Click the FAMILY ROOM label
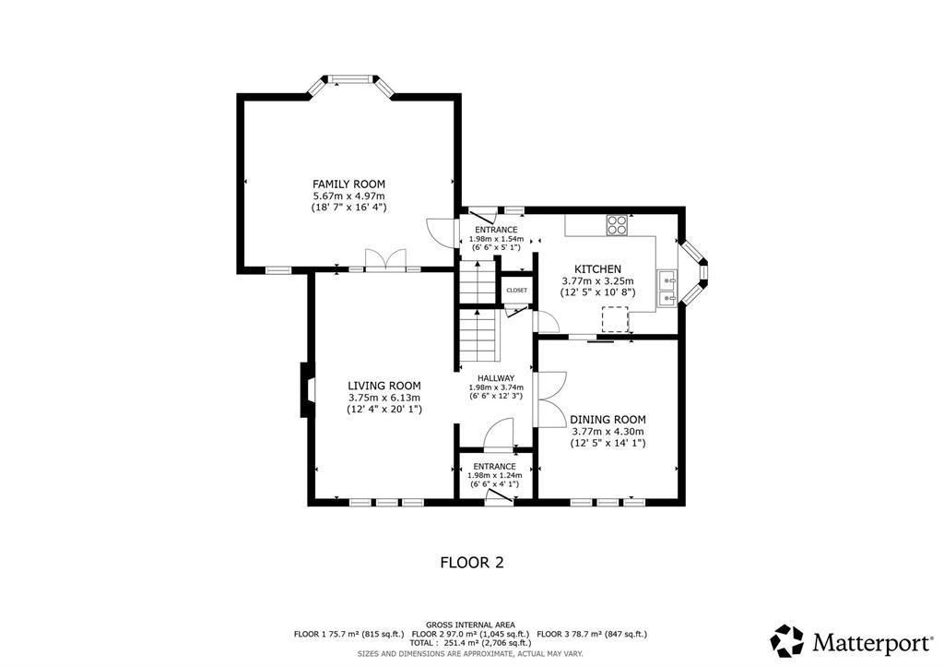coord(348,184)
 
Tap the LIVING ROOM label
coord(384,386)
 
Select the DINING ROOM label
coord(608,420)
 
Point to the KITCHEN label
coord(597,268)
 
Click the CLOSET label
coord(516,290)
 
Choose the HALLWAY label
coord(496,378)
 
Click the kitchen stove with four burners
coord(617,224)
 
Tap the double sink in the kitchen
coord(667,288)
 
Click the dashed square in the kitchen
coord(615,319)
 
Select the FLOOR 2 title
coord(472,563)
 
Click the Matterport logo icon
coord(787,641)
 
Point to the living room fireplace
coord(307,389)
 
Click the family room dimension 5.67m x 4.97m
coord(348,196)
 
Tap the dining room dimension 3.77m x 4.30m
coord(608,432)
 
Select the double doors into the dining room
coord(550,399)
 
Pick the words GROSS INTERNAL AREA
coord(470,625)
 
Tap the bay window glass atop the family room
coord(350,78)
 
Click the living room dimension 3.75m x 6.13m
coord(384,398)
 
